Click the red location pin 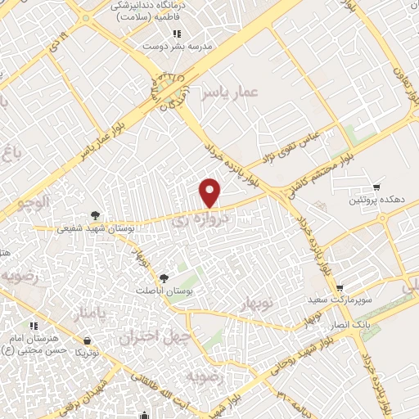click(211, 193)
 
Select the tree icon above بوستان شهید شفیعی click(97, 216)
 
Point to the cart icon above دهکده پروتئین click(376, 187)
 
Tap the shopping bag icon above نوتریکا click(88, 340)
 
